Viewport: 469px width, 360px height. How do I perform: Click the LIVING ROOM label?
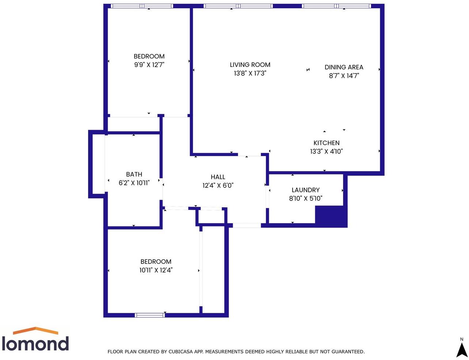pyautogui.click(x=250, y=65)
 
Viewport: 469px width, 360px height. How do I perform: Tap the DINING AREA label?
pyautogui.click(x=344, y=67)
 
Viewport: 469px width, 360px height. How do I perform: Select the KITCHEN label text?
pyautogui.click(x=327, y=143)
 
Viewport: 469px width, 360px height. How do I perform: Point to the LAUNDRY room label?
pyautogui.click(x=305, y=190)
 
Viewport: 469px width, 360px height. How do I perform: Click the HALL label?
pyautogui.click(x=218, y=177)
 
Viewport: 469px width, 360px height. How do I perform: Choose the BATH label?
pyautogui.click(x=134, y=174)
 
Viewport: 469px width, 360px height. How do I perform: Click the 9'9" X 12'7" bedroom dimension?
pyautogui.click(x=149, y=65)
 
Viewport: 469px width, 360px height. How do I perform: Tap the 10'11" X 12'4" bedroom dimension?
pyautogui.click(x=156, y=270)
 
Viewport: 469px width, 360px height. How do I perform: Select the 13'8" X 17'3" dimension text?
pyautogui.click(x=250, y=73)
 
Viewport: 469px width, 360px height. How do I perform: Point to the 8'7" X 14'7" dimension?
pyautogui.click(x=344, y=76)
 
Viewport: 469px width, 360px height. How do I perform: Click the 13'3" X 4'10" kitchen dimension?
pyautogui.click(x=327, y=151)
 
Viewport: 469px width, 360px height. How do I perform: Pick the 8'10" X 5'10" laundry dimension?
pyautogui.click(x=305, y=198)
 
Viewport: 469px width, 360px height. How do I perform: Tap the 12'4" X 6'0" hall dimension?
pyautogui.click(x=218, y=185)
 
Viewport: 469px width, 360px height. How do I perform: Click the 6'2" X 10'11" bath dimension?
pyautogui.click(x=134, y=183)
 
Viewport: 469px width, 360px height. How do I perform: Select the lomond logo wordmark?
pyautogui.click(x=35, y=344)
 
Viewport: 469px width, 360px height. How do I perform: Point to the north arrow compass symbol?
pyautogui.click(x=462, y=350)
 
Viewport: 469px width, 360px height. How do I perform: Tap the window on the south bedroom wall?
pyautogui.click(x=150, y=315)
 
